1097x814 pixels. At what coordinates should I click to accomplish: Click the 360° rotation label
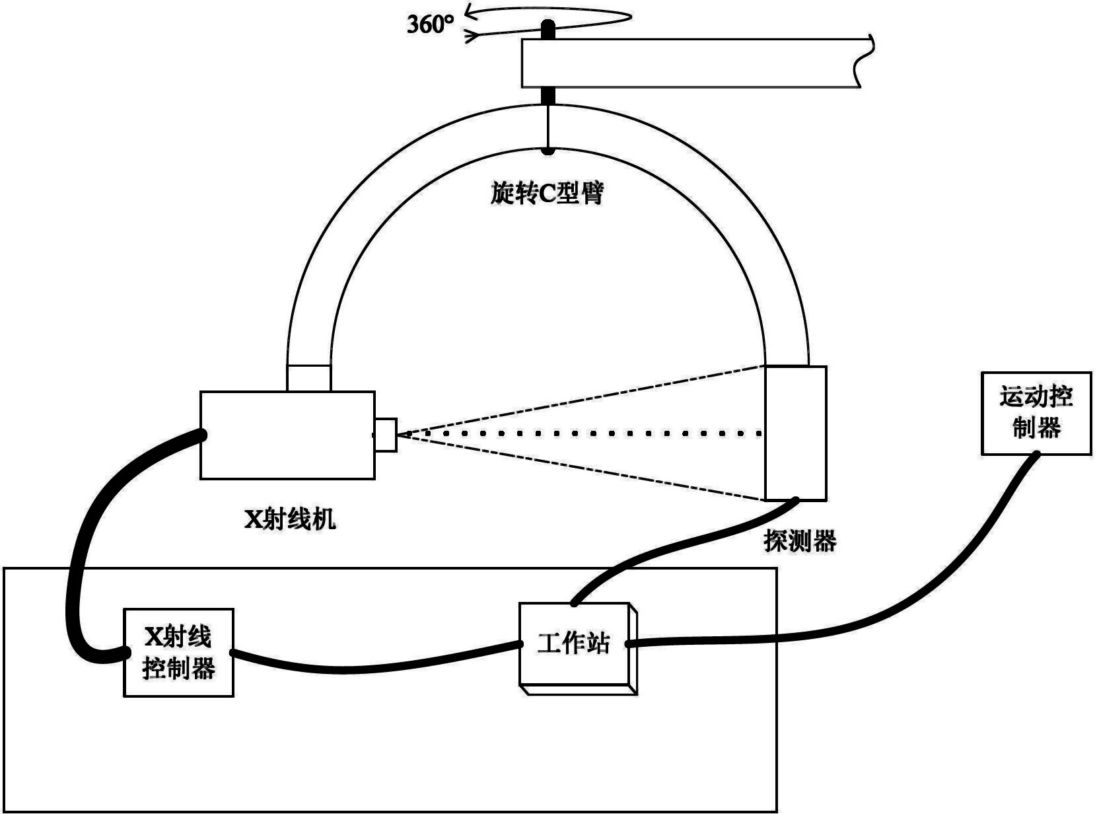[x=431, y=25]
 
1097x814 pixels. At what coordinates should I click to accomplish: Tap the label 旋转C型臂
[x=548, y=193]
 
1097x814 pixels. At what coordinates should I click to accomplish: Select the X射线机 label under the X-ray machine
[x=291, y=520]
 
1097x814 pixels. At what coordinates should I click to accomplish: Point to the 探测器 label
[x=800, y=541]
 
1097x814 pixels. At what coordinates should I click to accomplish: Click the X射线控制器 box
[x=179, y=652]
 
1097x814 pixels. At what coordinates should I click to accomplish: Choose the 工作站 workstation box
[x=574, y=644]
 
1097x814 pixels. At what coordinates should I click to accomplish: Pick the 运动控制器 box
[x=1036, y=413]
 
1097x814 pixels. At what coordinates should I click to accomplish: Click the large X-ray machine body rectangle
[x=287, y=435]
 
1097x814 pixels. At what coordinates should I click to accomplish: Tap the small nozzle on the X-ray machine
[x=386, y=435]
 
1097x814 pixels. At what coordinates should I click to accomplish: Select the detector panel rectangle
[x=795, y=433]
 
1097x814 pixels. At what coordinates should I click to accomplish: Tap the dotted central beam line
[x=581, y=434]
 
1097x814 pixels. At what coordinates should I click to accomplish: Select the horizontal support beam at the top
[x=693, y=63]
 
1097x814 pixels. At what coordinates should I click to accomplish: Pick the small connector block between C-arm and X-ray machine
[x=309, y=378]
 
